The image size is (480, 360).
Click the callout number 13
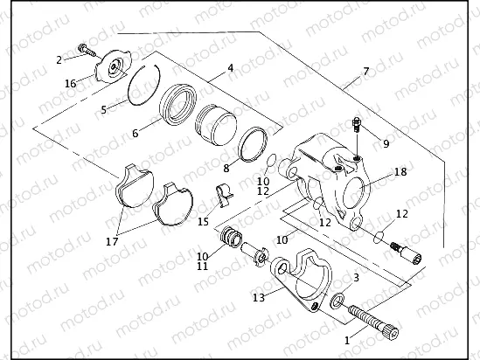tap(258, 297)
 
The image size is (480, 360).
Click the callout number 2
tap(59, 59)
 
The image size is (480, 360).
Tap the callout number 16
tap(70, 83)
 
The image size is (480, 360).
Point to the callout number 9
tap(386, 142)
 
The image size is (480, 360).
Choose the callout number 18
tap(400, 172)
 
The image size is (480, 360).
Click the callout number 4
tap(230, 67)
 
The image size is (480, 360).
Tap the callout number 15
tap(203, 221)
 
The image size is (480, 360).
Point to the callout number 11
tap(202, 266)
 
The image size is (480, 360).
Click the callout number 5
tap(103, 110)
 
